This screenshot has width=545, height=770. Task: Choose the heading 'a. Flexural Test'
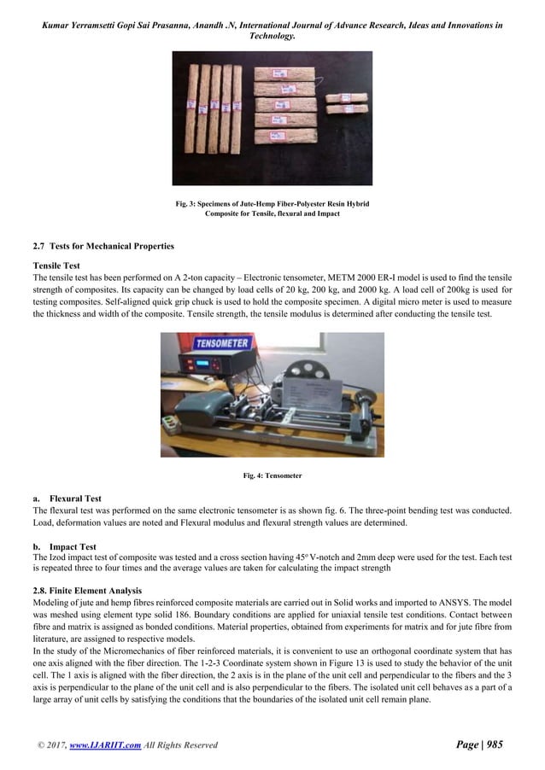point(70,499)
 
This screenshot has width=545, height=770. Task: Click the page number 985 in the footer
point(494,744)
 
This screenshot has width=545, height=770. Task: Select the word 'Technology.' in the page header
point(272,37)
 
